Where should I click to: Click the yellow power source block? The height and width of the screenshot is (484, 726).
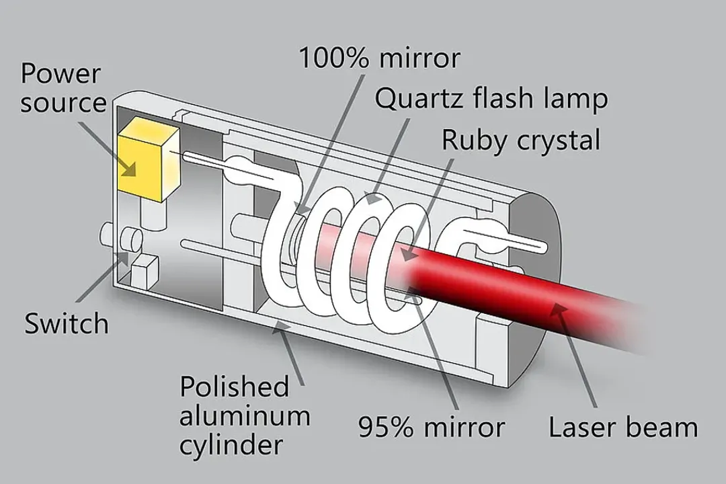pos(148,161)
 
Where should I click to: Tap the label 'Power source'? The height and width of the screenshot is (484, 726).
pos(63,87)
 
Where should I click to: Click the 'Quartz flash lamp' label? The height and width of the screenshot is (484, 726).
pos(491,99)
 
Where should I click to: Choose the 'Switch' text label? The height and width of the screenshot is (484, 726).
pos(67,323)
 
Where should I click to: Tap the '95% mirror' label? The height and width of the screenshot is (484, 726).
pos(431,427)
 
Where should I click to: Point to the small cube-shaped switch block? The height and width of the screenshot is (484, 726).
pos(144,271)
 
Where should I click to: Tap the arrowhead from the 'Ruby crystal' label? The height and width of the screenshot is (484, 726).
pos(403,255)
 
